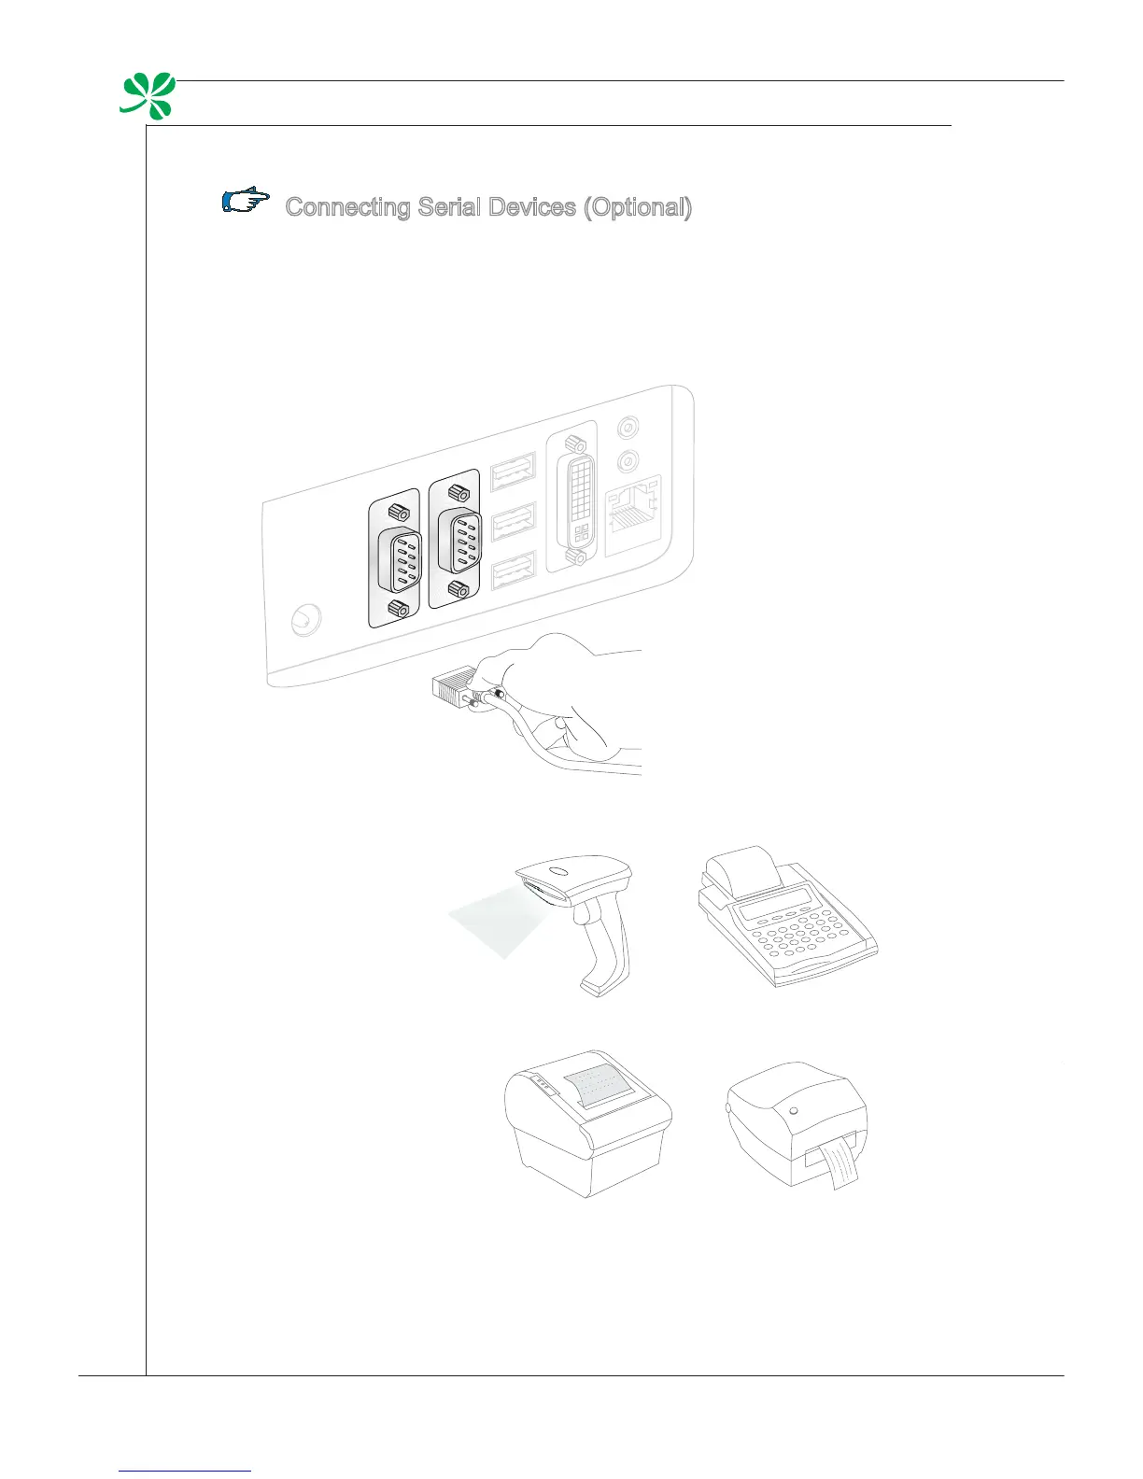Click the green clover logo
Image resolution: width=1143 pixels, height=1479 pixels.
[148, 96]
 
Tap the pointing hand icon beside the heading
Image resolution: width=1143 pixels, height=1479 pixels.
[246, 201]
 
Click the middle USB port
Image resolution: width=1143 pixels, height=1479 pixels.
[512, 521]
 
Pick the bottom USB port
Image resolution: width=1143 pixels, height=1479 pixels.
[512, 570]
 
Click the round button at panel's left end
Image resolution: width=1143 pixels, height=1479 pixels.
[304, 620]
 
